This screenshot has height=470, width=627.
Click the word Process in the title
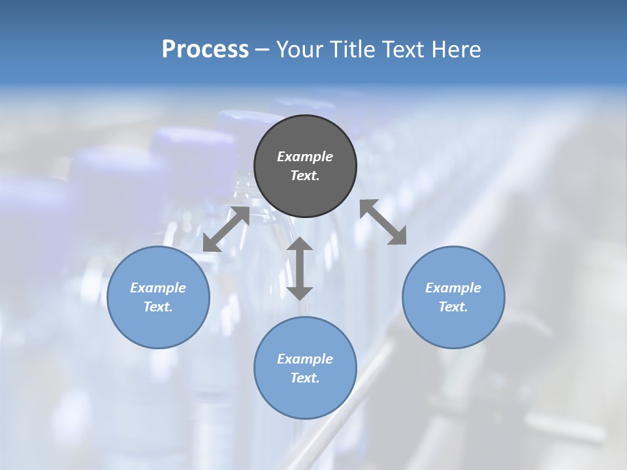205,50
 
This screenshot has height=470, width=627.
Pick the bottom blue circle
305,398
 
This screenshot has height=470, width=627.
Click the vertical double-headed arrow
300,268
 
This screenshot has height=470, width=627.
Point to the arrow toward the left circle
226,229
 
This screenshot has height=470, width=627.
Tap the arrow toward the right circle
383,223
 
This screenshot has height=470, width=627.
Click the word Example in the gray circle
305,157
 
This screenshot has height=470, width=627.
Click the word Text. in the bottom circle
305,378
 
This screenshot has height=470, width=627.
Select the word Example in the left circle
158,288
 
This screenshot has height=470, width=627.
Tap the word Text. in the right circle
453,307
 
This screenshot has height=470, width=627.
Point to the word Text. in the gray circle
305,176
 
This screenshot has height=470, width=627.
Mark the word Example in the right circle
453,288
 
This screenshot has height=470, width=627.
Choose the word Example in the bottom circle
305,359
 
